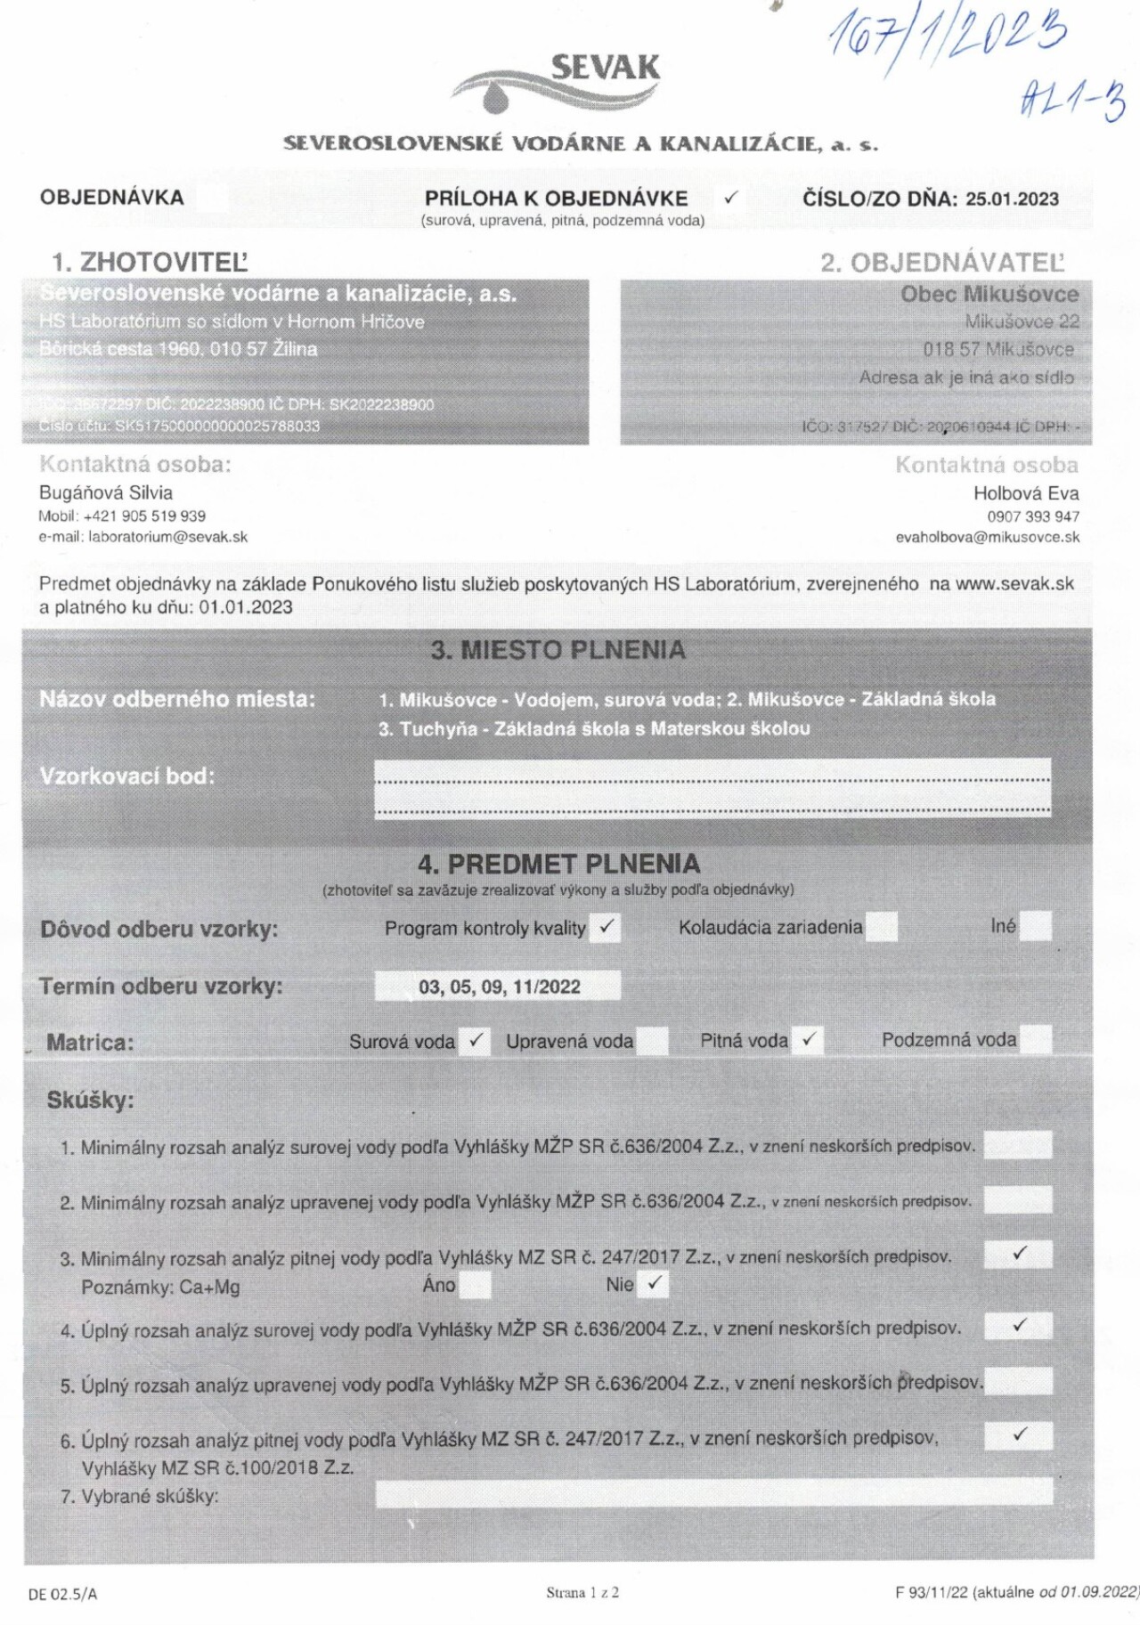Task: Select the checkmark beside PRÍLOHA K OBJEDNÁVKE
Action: (731, 198)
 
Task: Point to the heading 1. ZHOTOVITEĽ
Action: (150, 262)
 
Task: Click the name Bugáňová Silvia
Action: (106, 492)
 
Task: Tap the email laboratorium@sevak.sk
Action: (167, 537)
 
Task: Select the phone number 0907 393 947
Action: (1033, 516)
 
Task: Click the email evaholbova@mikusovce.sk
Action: (988, 537)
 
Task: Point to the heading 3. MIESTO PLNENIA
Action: (558, 650)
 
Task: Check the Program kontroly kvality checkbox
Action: (607, 927)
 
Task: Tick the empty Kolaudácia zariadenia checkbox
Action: (881, 927)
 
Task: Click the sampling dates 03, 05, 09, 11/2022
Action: (498, 987)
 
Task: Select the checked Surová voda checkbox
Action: (476, 1040)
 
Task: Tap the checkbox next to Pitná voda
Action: (809, 1039)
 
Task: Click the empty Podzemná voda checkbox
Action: (1036, 1039)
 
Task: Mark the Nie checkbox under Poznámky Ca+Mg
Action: (655, 1284)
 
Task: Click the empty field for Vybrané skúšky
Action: (712, 1493)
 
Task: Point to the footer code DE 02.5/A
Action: (62, 1594)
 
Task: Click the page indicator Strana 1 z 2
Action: (582, 1592)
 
